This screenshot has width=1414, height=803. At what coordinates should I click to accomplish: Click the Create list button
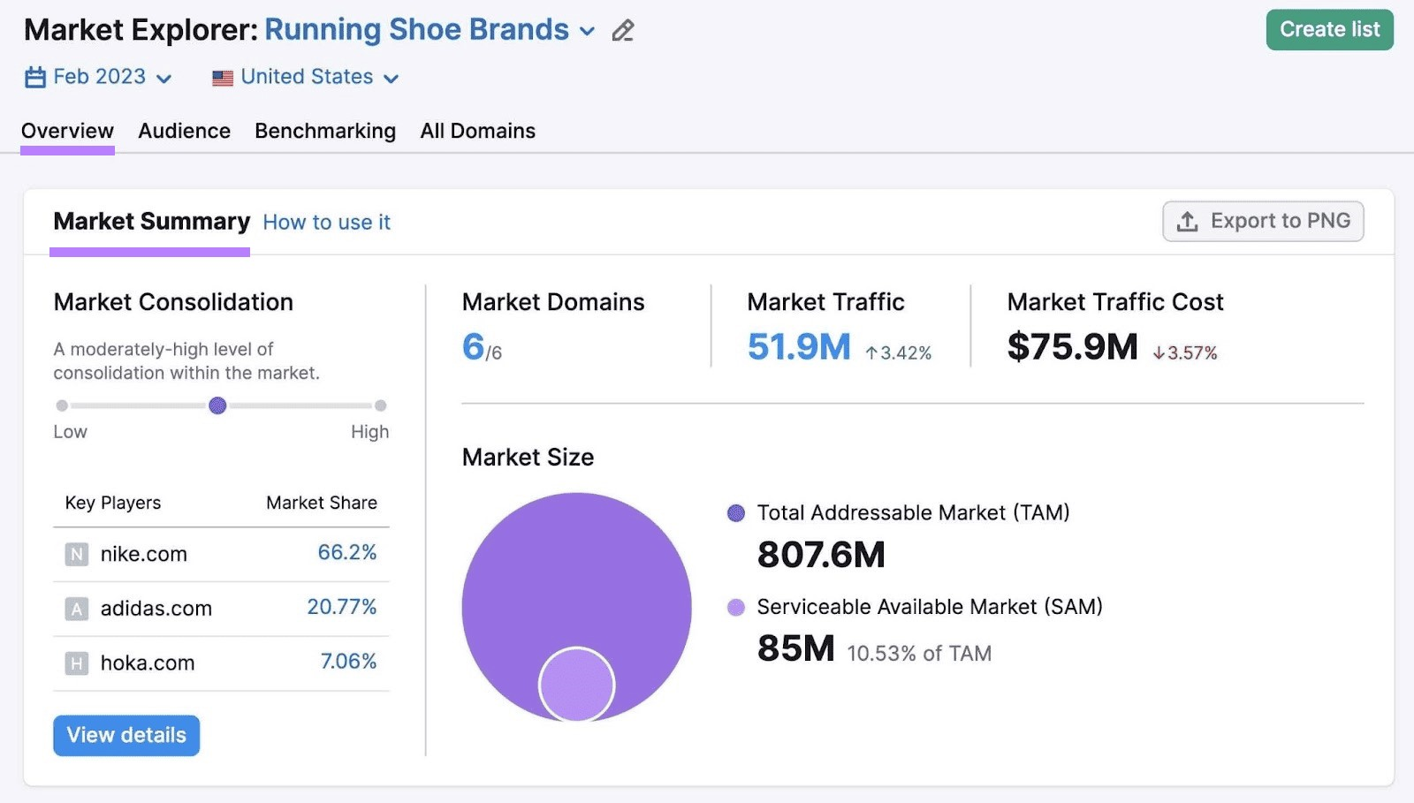click(1328, 30)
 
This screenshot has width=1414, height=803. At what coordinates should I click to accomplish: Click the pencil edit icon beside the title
click(623, 31)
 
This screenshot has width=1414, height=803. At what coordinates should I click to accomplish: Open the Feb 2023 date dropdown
click(98, 77)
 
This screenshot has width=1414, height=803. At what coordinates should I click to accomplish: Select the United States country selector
click(306, 77)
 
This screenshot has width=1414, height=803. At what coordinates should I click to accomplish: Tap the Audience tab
click(184, 131)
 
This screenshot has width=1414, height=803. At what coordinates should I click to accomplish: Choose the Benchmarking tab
click(325, 131)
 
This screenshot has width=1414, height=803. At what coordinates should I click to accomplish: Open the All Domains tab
click(477, 131)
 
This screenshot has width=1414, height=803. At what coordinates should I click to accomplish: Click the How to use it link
click(326, 222)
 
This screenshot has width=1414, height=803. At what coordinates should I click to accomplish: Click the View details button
click(126, 735)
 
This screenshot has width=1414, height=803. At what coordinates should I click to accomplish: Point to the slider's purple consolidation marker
click(217, 405)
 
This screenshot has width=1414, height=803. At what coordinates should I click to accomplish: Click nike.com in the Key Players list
click(143, 554)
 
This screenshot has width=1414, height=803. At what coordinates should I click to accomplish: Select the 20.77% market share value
click(341, 607)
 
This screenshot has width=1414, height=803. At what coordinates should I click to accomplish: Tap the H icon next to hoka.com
click(77, 663)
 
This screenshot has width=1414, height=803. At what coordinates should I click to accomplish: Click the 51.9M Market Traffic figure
click(799, 346)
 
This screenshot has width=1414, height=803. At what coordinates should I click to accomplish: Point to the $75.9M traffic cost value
click(1072, 346)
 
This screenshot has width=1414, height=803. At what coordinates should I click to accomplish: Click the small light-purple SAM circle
click(576, 685)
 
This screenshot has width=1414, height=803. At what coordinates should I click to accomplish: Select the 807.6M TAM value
click(820, 555)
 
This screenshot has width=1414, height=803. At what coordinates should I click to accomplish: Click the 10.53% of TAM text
click(918, 654)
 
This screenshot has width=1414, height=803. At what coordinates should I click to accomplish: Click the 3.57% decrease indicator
click(1185, 352)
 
